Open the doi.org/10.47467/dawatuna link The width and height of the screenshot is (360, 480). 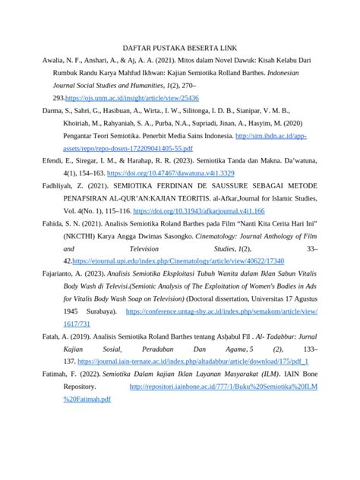(x=170, y=174)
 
